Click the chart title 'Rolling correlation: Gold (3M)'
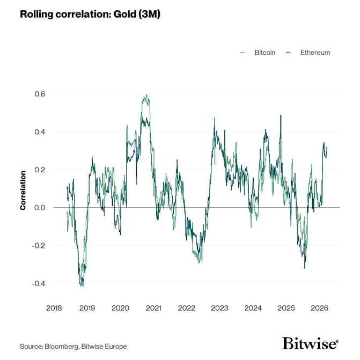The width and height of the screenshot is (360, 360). (90, 14)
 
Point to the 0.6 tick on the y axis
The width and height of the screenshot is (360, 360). (40, 94)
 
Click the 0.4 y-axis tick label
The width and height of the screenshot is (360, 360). (40, 132)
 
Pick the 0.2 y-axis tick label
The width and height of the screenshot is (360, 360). (40, 170)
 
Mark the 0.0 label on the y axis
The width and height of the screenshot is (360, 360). (40, 208)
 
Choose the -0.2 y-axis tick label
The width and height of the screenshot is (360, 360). (39, 246)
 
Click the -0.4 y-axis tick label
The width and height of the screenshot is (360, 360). (39, 283)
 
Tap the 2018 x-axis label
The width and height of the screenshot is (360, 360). (54, 308)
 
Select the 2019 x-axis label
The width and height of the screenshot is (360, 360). (87, 308)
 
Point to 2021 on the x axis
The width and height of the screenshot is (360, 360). (153, 308)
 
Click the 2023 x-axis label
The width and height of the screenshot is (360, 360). (220, 308)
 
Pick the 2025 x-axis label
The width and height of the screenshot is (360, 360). (286, 308)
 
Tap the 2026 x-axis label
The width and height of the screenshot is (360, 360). (320, 308)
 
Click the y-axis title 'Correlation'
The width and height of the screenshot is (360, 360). (23, 190)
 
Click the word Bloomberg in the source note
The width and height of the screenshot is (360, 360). (61, 346)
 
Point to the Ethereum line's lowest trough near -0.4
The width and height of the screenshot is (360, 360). (82, 285)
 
